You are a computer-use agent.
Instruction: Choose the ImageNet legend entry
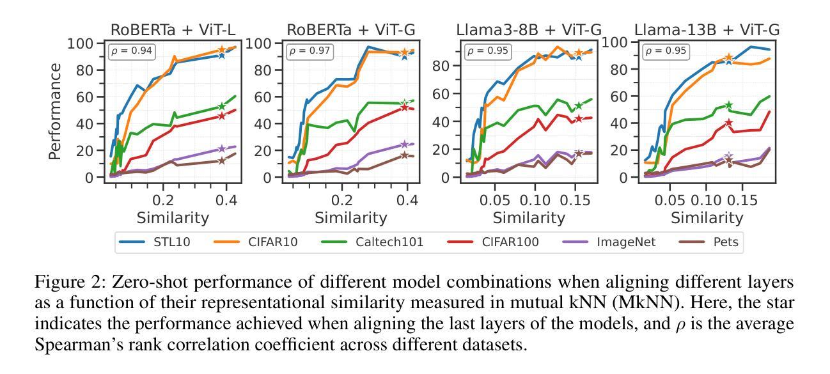(x=614, y=242)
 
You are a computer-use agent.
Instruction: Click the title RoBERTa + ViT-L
(x=173, y=29)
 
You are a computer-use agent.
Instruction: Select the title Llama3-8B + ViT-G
(x=529, y=29)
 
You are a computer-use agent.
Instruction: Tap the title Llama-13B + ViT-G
(x=707, y=29)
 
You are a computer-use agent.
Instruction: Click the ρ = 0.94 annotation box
(x=132, y=51)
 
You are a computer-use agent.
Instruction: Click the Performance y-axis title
(x=56, y=111)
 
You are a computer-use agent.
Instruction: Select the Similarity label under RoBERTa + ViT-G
(x=350, y=218)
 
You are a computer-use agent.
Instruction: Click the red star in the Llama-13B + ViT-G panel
(x=728, y=122)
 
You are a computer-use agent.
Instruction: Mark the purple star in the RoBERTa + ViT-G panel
(x=404, y=144)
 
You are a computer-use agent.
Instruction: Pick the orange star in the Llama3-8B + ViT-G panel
(x=579, y=53)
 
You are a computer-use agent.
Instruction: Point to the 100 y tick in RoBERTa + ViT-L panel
(x=81, y=43)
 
